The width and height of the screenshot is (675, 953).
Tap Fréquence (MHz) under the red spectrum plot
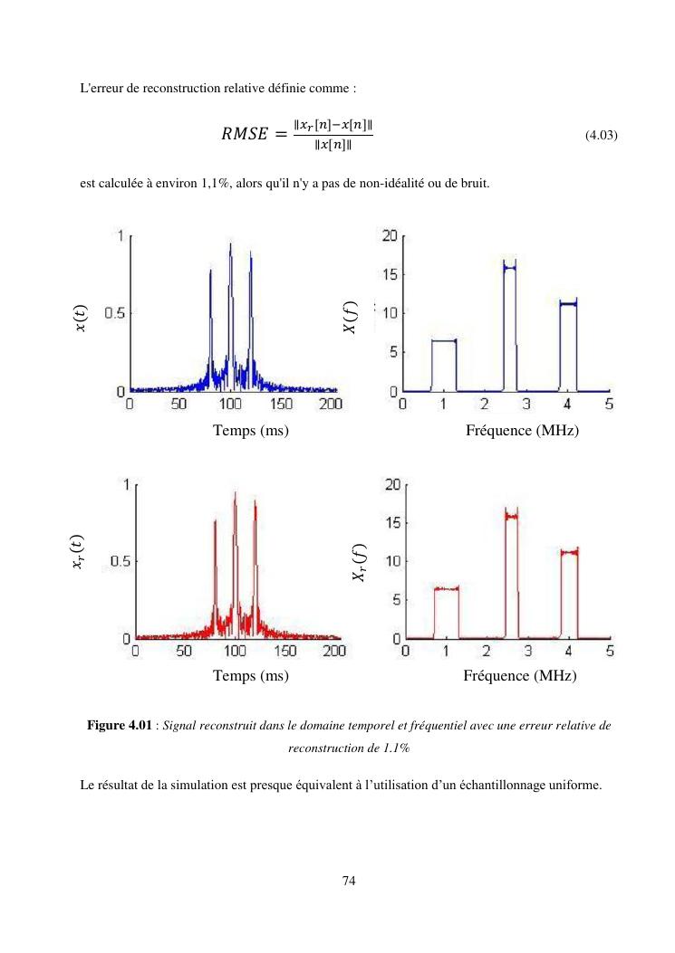[x=519, y=675]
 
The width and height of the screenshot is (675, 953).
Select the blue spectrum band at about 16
[x=509, y=268]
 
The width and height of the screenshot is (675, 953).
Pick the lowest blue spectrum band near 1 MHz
[x=444, y=340]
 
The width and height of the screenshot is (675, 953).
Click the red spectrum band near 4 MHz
[x=569, y=550]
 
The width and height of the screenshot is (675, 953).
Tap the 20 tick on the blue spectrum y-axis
[x=389, y=235]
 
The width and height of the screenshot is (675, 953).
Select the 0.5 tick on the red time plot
[x=118, y=561]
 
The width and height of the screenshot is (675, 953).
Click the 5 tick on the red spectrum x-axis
[x=610, y=650]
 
